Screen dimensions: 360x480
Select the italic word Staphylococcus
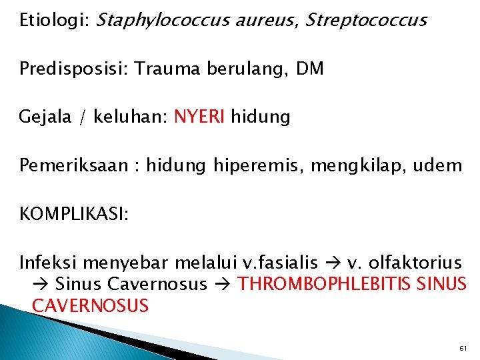pyautogui.click(x=164, y=21)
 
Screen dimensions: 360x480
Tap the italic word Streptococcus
pyautogui.click(x=365, y=21)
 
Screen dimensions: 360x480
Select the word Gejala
pyautogui.click(x=48, y=117)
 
